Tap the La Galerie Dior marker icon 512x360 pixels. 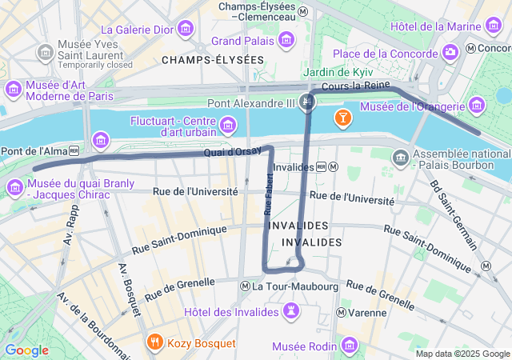(x=186, y=30)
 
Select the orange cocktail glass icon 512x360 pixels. (x=342, y=118)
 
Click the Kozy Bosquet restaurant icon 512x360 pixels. (x=154, y=343)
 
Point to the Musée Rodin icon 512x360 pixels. (x=349, y=346)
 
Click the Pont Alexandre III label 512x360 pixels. (x=250, y=102)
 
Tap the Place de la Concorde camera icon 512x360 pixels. (x=450, y=53)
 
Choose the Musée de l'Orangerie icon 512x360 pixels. (x=477, y=106)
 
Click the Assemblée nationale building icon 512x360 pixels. (x=399, y=158)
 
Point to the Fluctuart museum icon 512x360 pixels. (x=228, y=126)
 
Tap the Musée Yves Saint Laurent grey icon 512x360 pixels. (x=46, y=53)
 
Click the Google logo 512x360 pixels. (x=26, y=350)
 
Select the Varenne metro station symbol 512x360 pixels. (x=342, y=312)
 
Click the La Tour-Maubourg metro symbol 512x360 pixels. (x=246, y=286)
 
